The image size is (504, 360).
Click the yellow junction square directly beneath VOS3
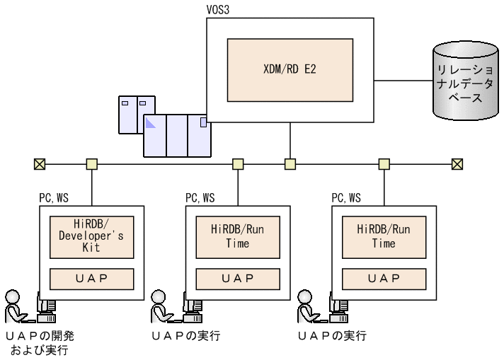290,164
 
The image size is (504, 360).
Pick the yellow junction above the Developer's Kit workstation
91,164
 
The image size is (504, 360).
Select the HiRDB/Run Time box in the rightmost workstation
383,236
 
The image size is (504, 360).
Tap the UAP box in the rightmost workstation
383,278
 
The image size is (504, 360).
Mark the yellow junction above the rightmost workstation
383,164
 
